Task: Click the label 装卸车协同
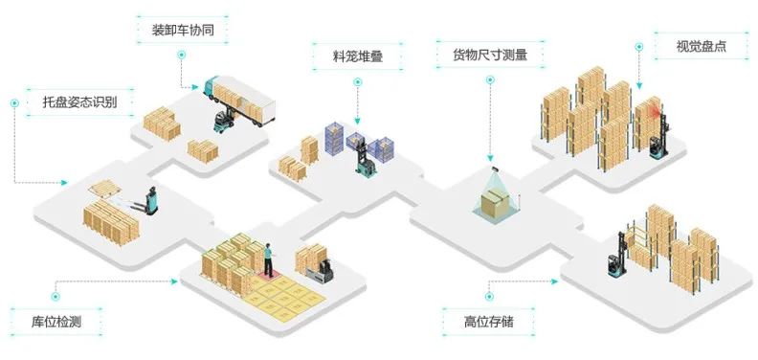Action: pyautogui.click(x=183, y=30)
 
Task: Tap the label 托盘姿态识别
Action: pyautogui.click(x=79, y=102)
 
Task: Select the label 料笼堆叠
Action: pyautogui.click(x=358, y=56)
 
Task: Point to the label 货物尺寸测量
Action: pyautogui.click(x=490, y=55)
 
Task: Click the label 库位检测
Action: pyautogui.click(x=56, y=322)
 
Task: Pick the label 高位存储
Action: pyautogui.click(x=489, y=322)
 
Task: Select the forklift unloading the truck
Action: pyautogui.click(x=223, y=121)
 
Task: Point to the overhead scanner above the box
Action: pyautogui.click(x=496, y=169)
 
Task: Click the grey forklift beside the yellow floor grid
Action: pyautogui.click(x=321, y=271)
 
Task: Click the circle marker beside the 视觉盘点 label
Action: pyautogui.click(x=639, y=47)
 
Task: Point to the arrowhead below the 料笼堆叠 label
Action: pyautogui.click(x=357, y=122)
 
